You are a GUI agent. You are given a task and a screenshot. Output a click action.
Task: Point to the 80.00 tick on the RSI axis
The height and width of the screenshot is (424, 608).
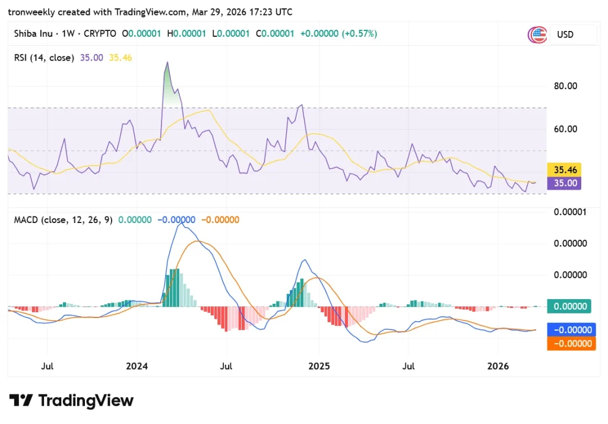(565, 86)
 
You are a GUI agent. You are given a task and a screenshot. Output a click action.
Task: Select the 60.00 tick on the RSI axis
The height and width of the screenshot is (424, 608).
(565, 129)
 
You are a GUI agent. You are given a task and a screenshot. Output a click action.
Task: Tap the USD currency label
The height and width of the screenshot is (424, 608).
(565, 34)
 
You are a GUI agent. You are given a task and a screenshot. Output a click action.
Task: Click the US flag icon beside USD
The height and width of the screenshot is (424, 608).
(537, 34)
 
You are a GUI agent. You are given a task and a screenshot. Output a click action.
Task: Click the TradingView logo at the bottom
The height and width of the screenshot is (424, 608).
(71, 400)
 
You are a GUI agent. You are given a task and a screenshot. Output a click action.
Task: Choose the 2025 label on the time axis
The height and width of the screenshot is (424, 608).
(319, 366)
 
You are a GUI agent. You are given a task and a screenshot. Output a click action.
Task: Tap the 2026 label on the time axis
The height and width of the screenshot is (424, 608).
(498, 366)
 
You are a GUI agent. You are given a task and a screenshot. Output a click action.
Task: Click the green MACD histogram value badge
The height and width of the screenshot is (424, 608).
(569, 306)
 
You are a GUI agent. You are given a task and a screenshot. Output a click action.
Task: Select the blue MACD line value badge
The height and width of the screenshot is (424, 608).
(571, 330)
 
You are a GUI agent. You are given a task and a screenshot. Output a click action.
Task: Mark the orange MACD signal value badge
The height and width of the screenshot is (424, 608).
(571, 343)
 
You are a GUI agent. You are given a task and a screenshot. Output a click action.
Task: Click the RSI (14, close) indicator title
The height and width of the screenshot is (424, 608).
(44, 58)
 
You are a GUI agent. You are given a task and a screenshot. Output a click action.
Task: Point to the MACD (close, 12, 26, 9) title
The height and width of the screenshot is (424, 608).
(62, 220)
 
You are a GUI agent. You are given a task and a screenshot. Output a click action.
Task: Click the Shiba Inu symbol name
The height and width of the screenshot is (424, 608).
(33, 34)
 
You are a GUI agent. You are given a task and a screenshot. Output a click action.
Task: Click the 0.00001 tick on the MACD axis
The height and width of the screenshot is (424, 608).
(569, 212)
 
